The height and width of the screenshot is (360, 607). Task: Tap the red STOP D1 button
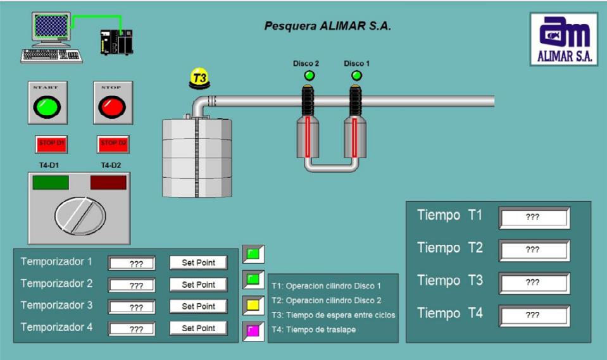point(51,144)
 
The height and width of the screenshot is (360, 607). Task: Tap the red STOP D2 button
point(113,144)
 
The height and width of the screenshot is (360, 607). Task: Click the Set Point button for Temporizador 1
point(198,263)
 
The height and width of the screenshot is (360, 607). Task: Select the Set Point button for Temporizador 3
point(198,306)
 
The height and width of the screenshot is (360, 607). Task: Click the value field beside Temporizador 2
point(132,285)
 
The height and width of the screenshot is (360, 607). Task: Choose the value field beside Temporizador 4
point(132,328)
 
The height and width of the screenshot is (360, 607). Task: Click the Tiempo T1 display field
point(534,217)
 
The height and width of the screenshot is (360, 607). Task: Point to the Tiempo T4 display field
point(534,315)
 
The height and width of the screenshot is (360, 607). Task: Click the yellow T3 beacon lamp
point(199,78)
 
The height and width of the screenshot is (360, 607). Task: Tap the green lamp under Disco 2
point(309,76)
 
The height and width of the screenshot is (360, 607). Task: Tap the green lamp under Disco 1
point(356,76)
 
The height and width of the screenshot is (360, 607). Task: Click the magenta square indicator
point(253,331)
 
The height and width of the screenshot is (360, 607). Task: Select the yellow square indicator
point(253,305)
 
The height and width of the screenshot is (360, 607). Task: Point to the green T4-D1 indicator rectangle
point(51,183)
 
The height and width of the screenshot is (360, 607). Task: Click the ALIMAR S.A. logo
point(564,39)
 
